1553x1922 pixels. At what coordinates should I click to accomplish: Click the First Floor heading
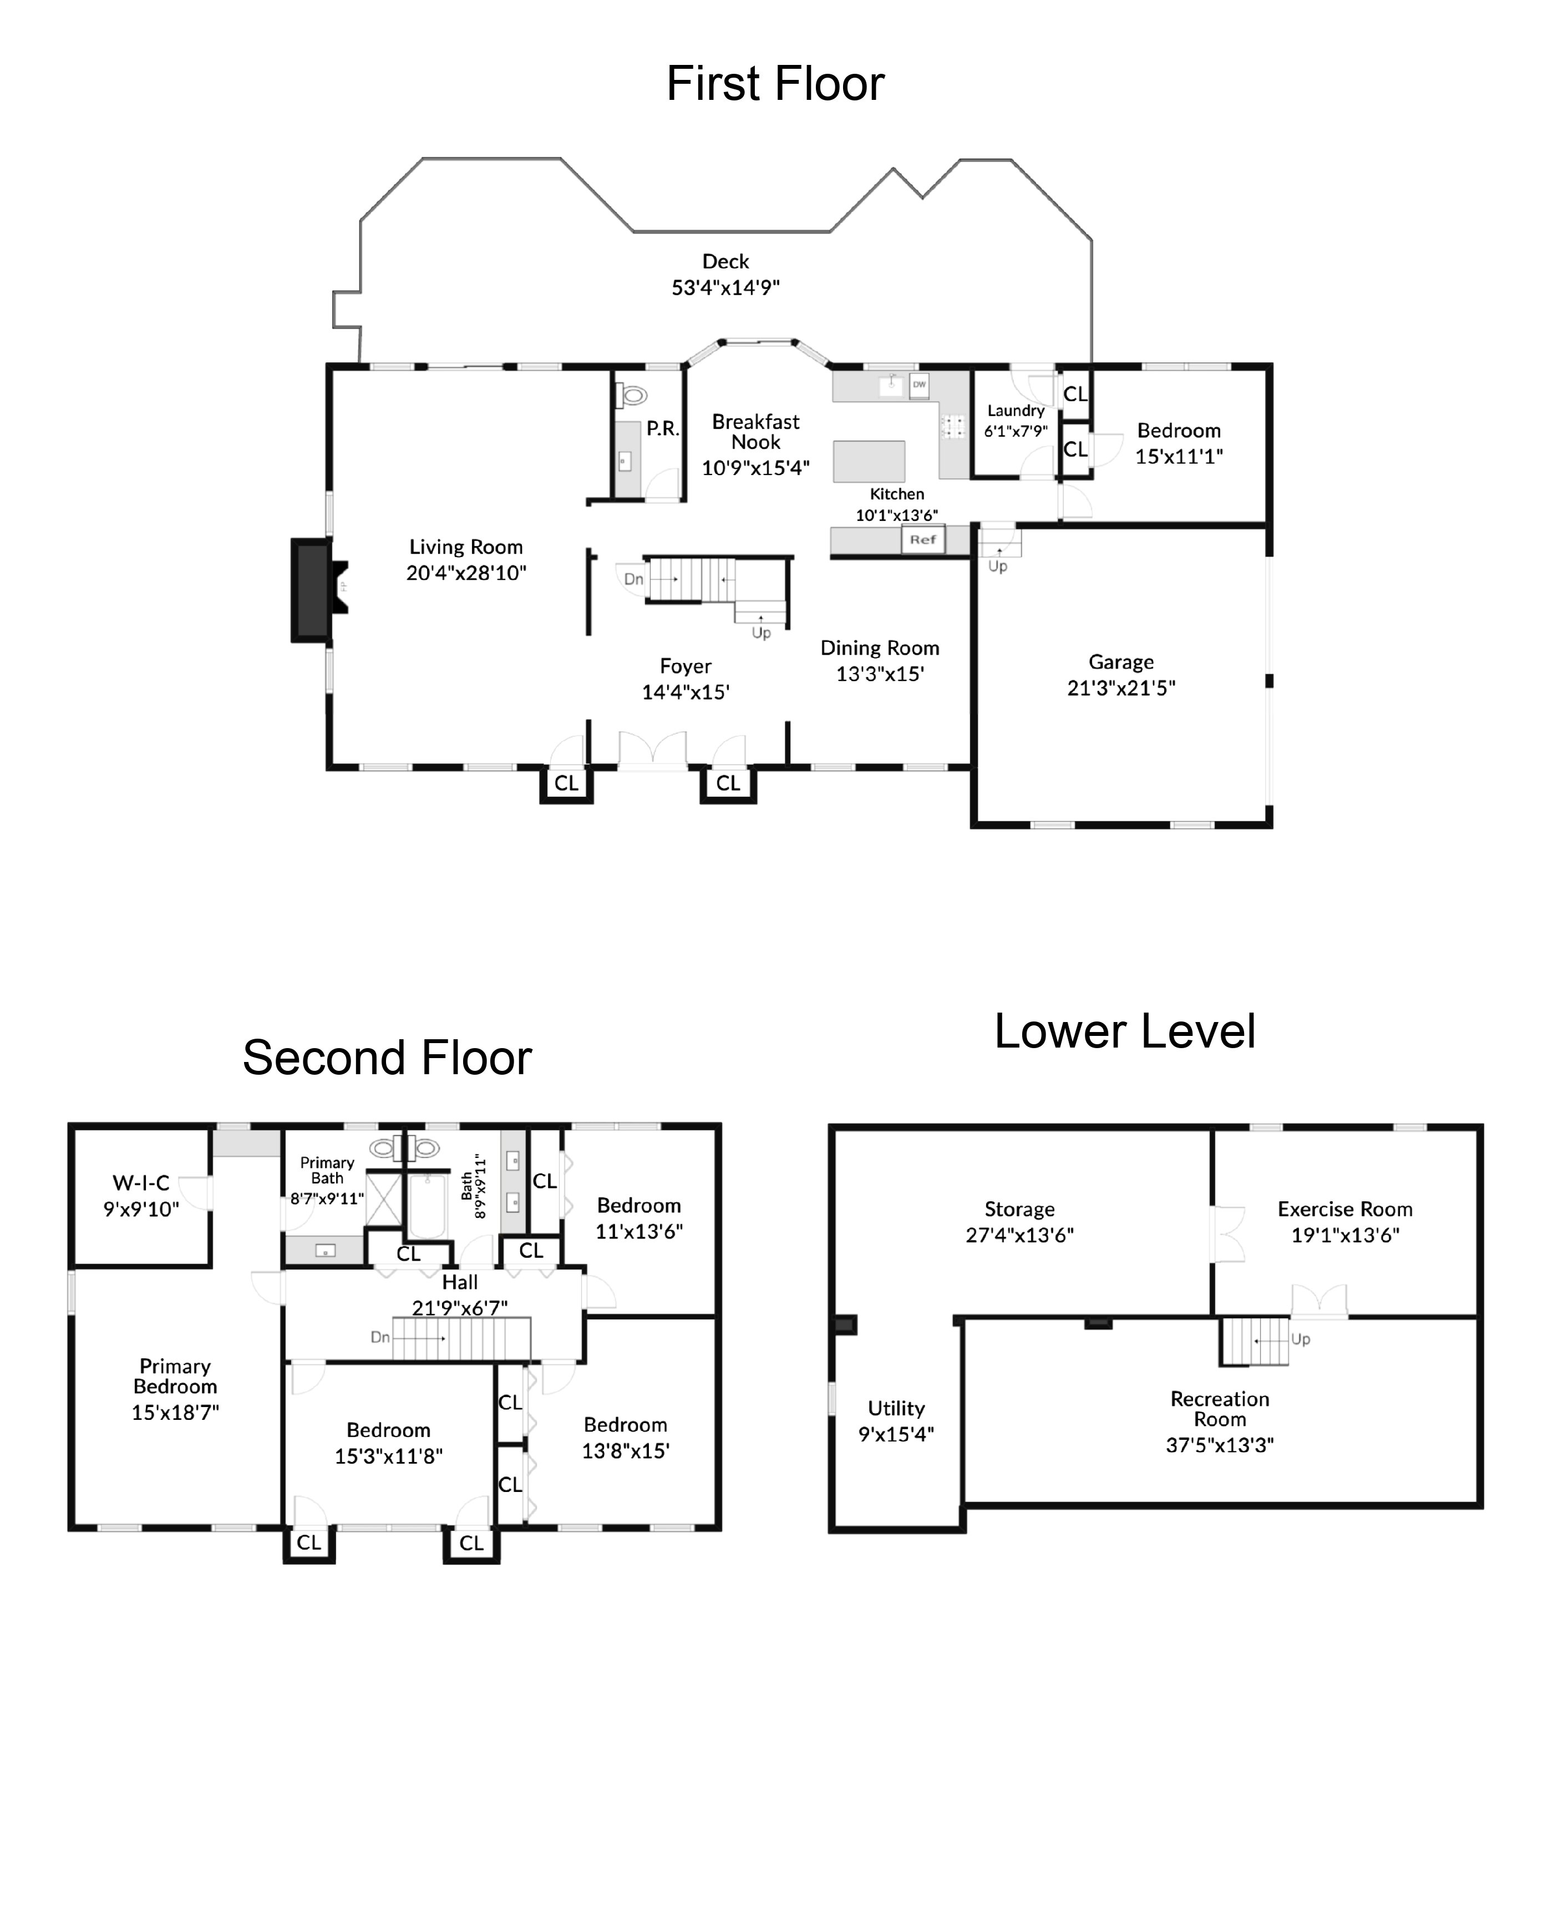pos(775,84)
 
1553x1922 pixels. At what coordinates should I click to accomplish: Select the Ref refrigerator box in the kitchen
pos(922,539)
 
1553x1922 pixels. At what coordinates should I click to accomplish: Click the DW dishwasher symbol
pos(918,385)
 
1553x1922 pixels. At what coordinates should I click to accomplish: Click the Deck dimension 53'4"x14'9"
pos(725,287)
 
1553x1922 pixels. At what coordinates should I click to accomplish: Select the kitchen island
pos(869,461)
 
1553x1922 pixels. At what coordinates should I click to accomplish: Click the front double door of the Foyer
pos(653,750)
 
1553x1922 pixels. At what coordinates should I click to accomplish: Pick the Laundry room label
pos(1016,411)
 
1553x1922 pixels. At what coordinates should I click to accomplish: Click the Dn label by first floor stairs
pos(633,579)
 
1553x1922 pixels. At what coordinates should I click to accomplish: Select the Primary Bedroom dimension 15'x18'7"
pos(175,1412)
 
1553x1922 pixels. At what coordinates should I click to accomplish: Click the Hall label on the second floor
pos(460,1282)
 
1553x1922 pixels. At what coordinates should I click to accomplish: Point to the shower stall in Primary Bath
pos(384,1199)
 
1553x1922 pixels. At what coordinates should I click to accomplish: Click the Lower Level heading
pos(1124,1031)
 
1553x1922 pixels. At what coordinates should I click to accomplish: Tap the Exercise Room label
pos(1344,1209)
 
